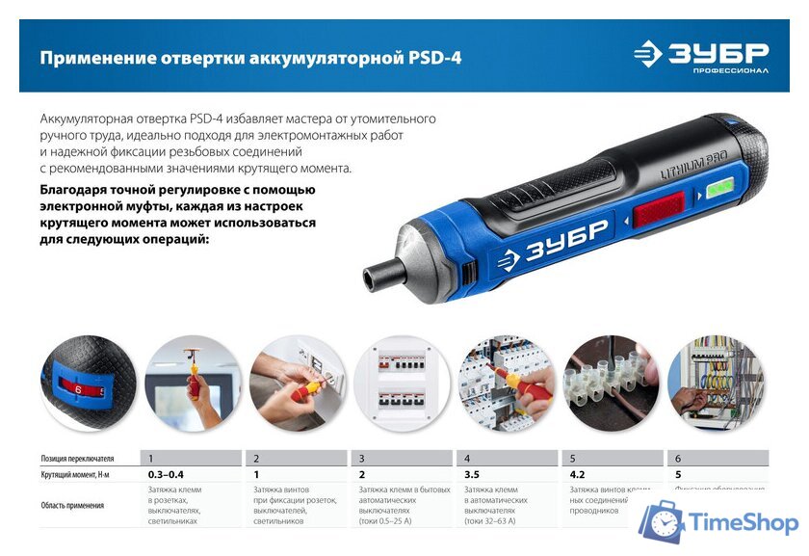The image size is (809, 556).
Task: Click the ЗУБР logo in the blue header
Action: pos(701,56)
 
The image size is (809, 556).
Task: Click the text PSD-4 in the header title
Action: pos(432,59)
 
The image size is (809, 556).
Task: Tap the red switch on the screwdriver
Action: pos(659,208)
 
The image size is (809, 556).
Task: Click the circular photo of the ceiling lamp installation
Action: pos(193,383)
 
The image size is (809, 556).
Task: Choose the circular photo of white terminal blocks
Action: pos(612,383)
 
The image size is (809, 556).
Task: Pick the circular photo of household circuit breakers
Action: pos(402,383)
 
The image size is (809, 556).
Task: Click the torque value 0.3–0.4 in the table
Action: pos(166,475)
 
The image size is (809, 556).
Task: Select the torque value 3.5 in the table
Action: pos(473,475)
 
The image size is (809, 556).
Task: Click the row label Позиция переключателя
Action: pos(78,459)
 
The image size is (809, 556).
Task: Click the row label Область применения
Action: pos(72,505)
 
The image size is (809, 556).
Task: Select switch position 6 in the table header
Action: pos(678,459)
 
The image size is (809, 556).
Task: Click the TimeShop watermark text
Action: pos(743,523)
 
